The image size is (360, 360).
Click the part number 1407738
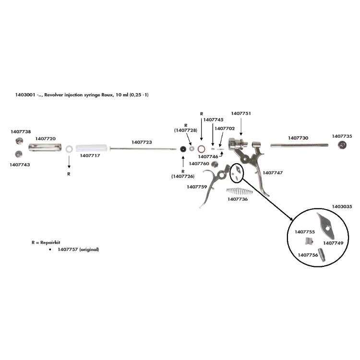(x=21, y=131)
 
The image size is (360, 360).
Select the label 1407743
(x=20, y=164)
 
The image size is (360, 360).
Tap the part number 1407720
(x=45, y=138)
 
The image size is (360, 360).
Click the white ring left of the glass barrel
(x=69, y=149)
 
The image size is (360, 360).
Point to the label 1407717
(x=90, y=156)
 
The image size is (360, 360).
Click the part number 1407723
(x=142, y=142)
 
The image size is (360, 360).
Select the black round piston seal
(x=183, y=149)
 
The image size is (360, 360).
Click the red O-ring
(x=202, y=148)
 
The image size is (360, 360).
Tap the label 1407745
(x=214, y=120)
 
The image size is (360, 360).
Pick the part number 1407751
(x=241, y=113)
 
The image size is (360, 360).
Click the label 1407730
(x=298, y=138)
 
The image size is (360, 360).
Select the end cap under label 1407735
(x=342, y=145)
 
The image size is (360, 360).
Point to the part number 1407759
(x=197, y=187)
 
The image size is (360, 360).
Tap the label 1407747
(x=273, y=172)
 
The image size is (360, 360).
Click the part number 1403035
(x=342, y=206)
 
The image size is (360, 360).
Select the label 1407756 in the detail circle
(x=308, y=255)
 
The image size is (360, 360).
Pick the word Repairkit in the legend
(x=47, y=243)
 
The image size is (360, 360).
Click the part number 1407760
(x=199, y=164)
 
